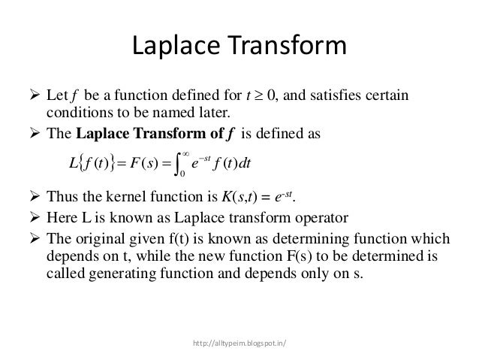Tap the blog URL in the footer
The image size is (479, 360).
pos(239,346)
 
